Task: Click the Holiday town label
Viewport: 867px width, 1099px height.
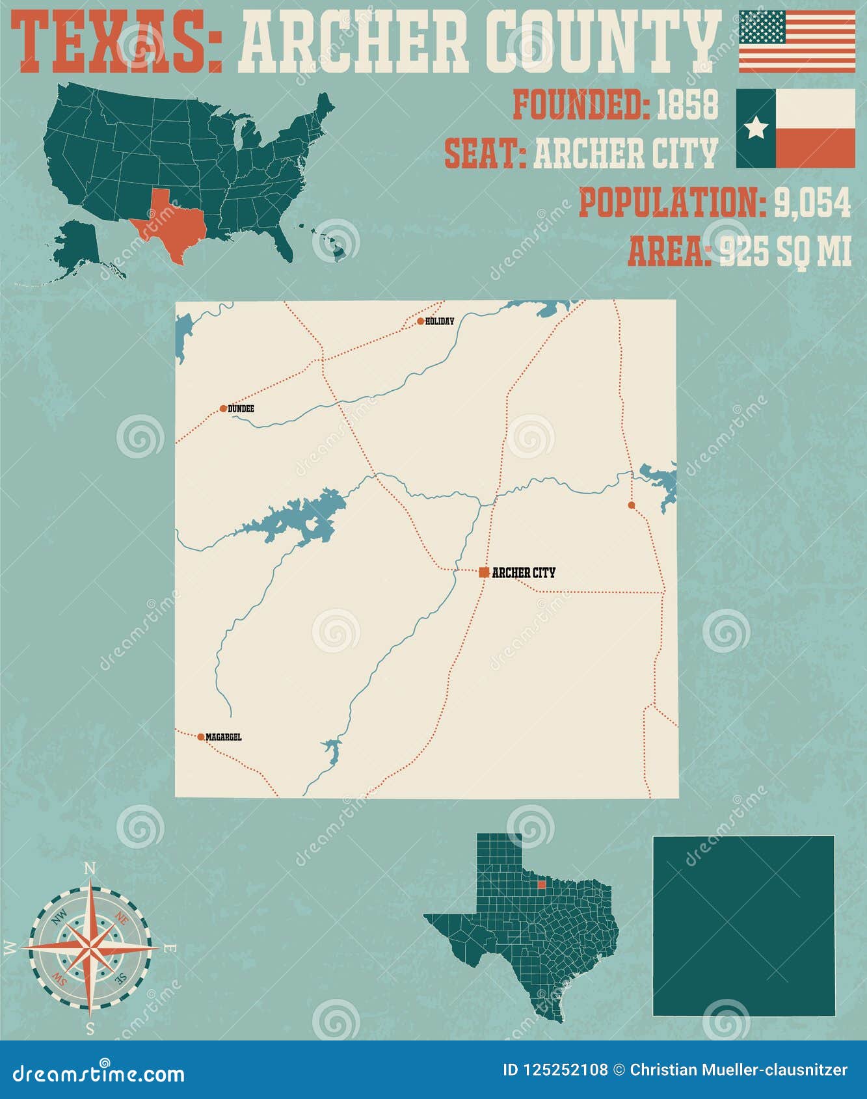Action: coord(440,321)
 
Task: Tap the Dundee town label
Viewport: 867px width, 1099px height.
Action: coord(241,408)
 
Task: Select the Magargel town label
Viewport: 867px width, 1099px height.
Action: coord(224,737)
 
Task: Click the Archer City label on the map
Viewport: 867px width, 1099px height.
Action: coord(524,572)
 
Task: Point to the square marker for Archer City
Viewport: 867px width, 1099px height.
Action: coord(484,572)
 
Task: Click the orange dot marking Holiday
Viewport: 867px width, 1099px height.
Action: coord(420,321)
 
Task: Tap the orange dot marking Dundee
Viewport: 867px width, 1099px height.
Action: coord(223,408)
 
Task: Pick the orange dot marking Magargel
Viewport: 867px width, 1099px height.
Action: coord(201,737)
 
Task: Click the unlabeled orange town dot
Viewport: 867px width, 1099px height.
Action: coord(631,505)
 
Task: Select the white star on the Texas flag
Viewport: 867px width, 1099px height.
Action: coord(756,128)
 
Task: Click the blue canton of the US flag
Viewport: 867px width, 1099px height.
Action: coord(762,27)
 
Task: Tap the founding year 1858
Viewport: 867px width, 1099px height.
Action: coord(687,105)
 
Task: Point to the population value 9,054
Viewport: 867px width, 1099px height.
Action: coord(812,203)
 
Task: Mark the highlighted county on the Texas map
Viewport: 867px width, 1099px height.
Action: coord(542,884)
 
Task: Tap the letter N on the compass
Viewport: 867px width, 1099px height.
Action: coord(91,869)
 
